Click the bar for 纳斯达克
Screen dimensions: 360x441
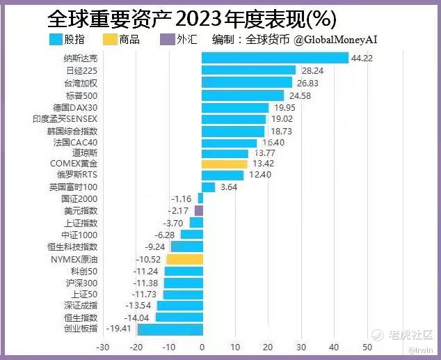[275, 58]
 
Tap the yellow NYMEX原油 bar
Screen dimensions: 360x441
[184, 259]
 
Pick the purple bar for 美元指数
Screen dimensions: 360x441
[199, 210]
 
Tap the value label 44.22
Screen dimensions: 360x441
[362, 58]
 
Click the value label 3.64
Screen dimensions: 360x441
[229, 187]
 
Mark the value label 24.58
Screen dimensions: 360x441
[299, 95]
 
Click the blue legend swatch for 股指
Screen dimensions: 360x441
[61, 40]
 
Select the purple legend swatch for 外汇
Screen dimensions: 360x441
[167, 40]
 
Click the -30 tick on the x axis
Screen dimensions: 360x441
[102, 347]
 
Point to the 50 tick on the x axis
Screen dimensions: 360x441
[367, 347]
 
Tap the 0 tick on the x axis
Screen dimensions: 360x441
[202, 347]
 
